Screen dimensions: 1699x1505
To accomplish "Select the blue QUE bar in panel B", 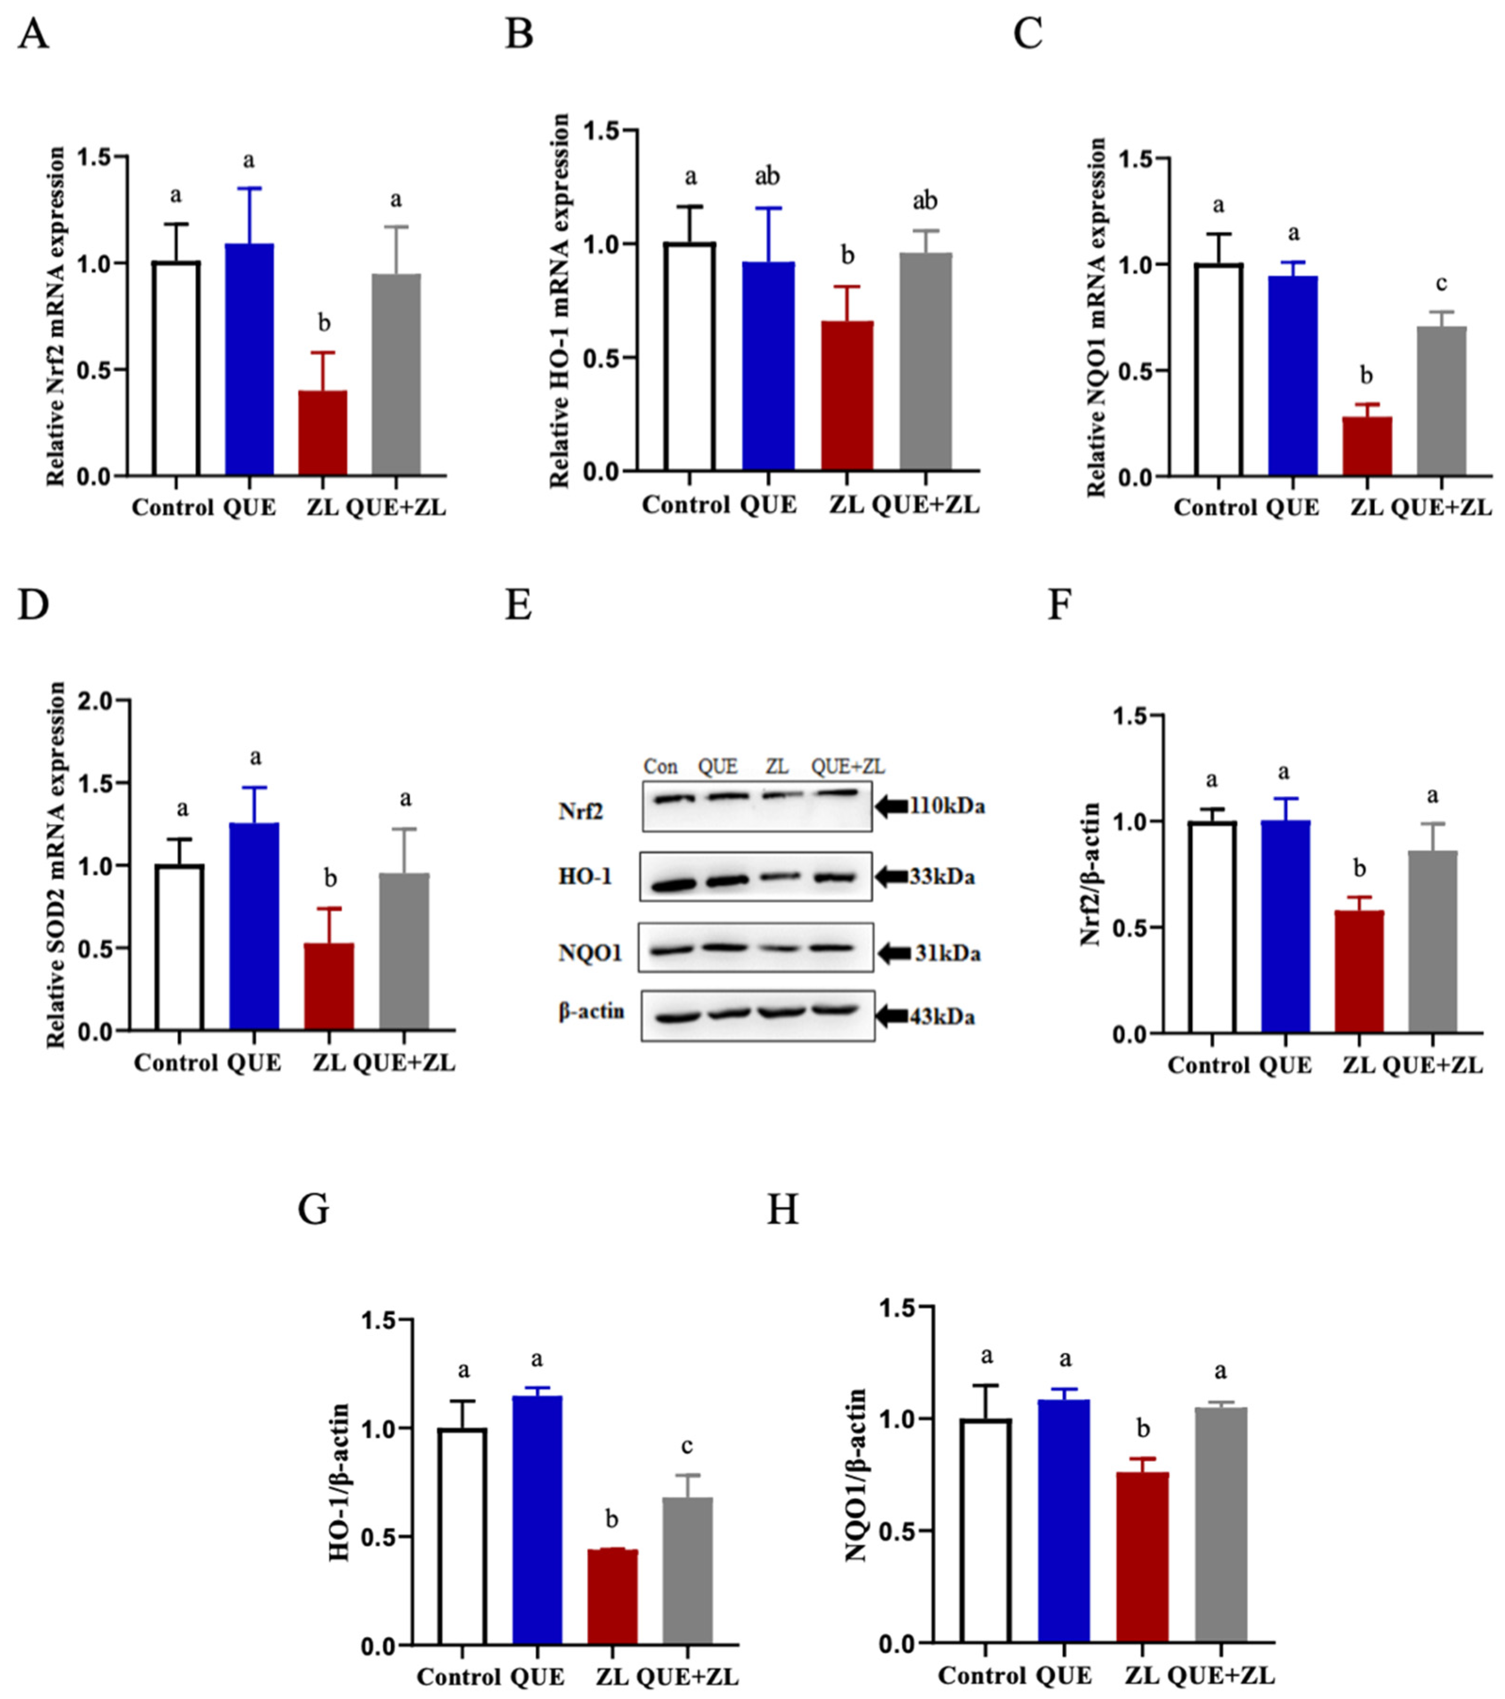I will click(768, 366).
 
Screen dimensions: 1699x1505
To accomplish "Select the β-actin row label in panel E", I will click(591, 1012).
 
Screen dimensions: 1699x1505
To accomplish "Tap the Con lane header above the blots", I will click(660, 766).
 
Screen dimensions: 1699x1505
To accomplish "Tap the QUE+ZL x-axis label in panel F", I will click(1432, 1065).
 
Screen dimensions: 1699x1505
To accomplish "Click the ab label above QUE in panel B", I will click(767, 176).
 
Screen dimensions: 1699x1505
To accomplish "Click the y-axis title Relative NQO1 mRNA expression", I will click(1096, 317).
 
